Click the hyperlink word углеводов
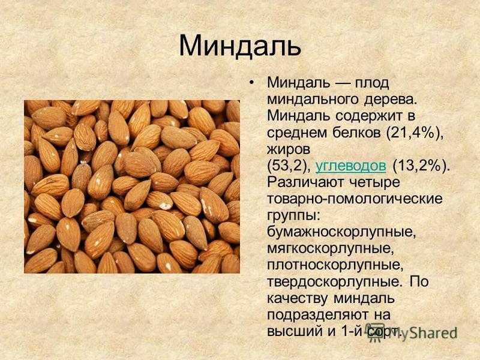pyautogui.click(x=350, y=166)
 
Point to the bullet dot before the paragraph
pyautogui.click(x=251, y=83)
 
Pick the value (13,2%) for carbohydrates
pyautogui.click(x=421, y=166)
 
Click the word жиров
pyautogui.click(x=289, y=149)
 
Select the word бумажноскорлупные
pyautogui.click(x=341, y=232)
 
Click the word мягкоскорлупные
pyautogui.click(x=331, y=249)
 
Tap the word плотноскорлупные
pyautogui.click(x=335, y=265)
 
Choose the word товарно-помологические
pyautogui.click(x=355, y=199)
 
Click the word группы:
pyautogui.click(x=294, y=216)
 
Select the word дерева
pyautogui.click(x=391, y=100)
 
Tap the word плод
pyautogui.click(x=371, y=83)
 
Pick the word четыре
pyautogui.click(x=373, y=183)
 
